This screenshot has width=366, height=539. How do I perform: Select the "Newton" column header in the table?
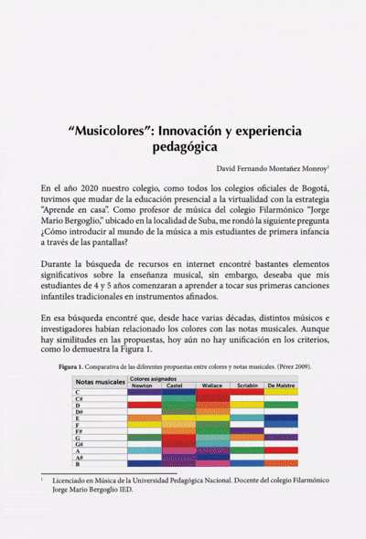pos(143,386)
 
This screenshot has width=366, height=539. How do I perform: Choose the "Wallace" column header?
pos(211,386)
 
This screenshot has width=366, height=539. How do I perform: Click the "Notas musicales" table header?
pos(99,382)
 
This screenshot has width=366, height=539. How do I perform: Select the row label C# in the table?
pos(81,399)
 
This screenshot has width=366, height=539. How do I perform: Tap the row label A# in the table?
pos(81,457)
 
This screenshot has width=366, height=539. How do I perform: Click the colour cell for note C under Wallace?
pos(211,392)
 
